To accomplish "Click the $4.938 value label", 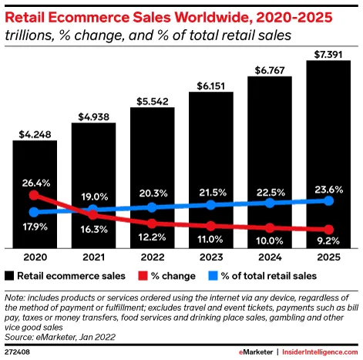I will click(x=93, y=118).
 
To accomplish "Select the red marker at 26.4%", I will click(x=35, y=195).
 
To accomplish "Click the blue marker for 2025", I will click(x=328, y=200).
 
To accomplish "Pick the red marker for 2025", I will click(x=328, y=230).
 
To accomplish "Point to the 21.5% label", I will click(x=210, y=190).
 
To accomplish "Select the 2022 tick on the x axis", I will click(x=152, y=257).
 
